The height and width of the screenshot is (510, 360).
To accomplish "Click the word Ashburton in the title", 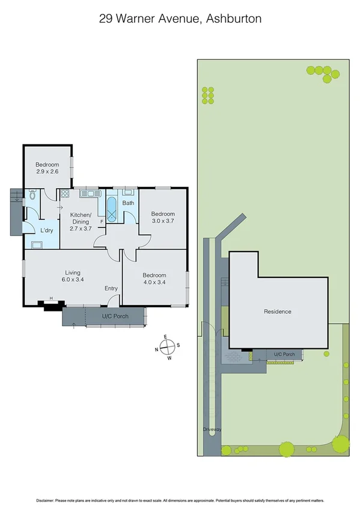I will pos(233,19).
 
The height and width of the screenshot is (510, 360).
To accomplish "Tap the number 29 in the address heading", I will pos(106,19).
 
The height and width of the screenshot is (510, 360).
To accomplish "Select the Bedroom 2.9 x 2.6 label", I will pos(46,168).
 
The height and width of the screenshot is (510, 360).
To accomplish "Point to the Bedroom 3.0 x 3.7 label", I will pos(162,218).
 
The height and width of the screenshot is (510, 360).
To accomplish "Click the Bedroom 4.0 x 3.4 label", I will pos(154,278).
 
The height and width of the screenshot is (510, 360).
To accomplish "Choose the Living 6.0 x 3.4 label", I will pos(72,275).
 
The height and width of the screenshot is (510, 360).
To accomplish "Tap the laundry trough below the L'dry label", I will pos(35,245).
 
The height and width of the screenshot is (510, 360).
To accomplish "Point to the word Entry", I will pos(111,288).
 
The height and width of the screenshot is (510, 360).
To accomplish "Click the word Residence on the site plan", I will pos(278,312).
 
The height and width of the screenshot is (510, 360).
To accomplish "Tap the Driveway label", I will pos(212,429).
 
